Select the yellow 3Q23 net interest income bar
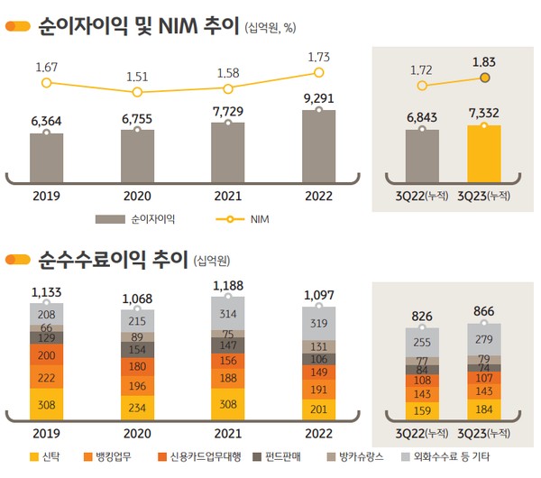coord(483,153)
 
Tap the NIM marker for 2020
coord(137,92)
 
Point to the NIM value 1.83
coord(484,61)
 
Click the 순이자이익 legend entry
coord(135,218)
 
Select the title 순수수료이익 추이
coord(111,262)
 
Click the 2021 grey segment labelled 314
coord(228,313)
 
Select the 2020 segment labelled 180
coord(137,366)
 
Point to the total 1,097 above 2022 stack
coord(319,295)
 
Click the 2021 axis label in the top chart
coord(228,195)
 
